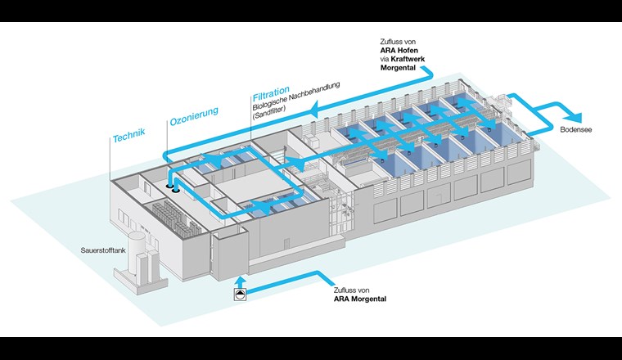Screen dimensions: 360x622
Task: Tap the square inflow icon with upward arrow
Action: tap(239, 292)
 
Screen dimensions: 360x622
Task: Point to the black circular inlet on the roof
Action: tap(175, 187)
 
